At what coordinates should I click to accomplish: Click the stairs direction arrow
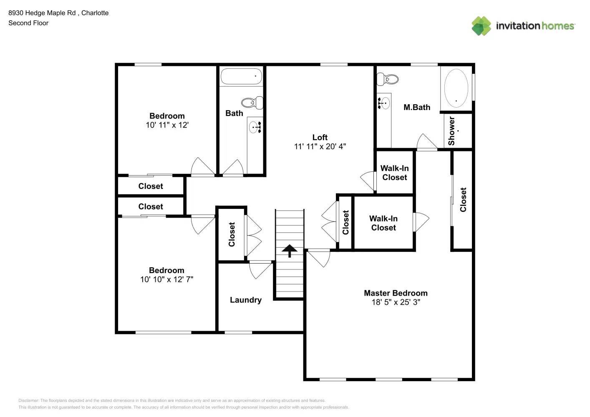[x=289, y=251]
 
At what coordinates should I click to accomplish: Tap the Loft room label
[x=320, y=137]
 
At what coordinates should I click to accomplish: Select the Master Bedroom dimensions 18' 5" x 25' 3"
[x=396, y=302]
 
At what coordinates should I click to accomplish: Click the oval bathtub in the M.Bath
[x=456, y=88]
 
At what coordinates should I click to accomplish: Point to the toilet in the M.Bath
[x=388, y=78]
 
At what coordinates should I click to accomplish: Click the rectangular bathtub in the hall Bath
[x=241, y=76]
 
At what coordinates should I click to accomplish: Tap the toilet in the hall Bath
[x=252, y=102]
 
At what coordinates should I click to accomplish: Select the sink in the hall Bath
[x=255, y=127]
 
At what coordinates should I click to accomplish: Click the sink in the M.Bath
[x=384, y=102]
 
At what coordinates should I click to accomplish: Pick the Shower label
[x=451, y=131]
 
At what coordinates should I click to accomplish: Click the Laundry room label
[x=245, y=300]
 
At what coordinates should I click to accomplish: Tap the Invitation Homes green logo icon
[x=481, y=26]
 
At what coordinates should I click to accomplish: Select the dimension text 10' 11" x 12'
[x=167, y=125]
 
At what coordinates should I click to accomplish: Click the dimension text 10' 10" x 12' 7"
[x=166, y=279]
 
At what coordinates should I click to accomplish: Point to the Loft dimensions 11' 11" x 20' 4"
[x=320, y=146]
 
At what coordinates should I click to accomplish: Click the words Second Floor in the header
[x=28, y=23]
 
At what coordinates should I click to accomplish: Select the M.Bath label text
[x=416, y=107]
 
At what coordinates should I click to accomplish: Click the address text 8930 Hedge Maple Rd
[x=42, y=13]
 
